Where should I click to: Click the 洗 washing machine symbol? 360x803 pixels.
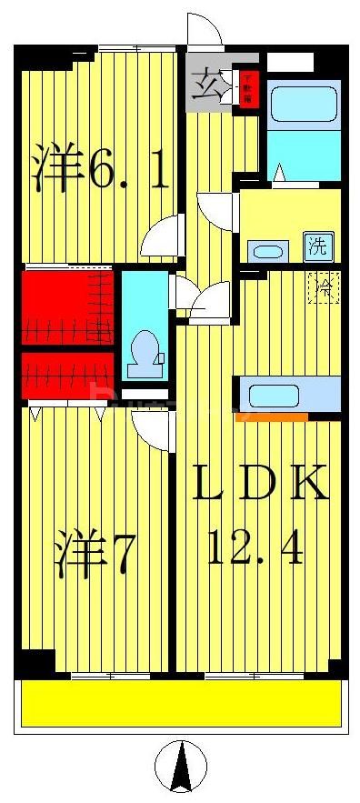click(x=318, y=246)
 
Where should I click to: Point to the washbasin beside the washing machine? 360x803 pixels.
click(x=267, y=251)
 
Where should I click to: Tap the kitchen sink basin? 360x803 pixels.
click(x=273, y=396)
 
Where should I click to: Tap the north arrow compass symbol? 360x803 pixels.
click(x=181, y=766)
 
